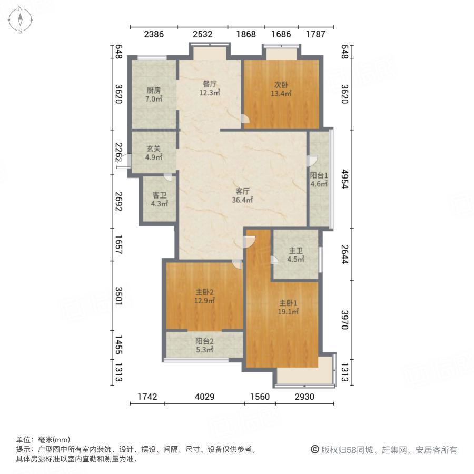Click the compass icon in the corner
[x=20, y=19]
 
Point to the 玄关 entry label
[x=154, y=148]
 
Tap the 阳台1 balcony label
[x=319, y=175]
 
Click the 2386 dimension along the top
[x=154, y=35]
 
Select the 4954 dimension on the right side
[x=345, y=179]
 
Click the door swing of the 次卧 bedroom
[x=246, y=120]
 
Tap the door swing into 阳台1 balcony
[x=312, y=161]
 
